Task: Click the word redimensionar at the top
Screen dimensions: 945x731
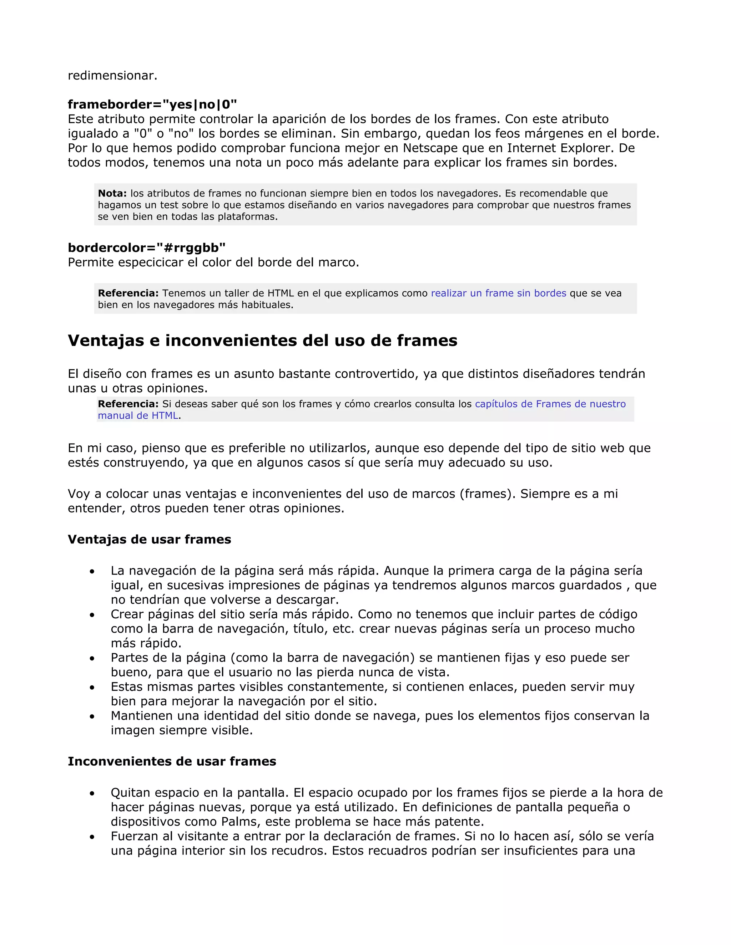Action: pyautogui.click(x=112, y=75)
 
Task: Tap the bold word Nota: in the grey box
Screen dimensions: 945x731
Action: pyautogui.click(x=112, y=193)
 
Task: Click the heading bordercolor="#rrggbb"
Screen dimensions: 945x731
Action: pyautogui.click(x=146, y=247)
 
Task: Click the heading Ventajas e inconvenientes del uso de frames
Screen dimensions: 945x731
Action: pyautogui.click(x=262, y=341)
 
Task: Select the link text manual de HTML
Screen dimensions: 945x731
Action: pyautogui.click(x=138, y=415)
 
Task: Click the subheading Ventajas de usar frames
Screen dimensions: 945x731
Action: pyautogui.click(x=150, y=539)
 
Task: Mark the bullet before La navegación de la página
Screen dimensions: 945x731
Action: pyautogui.click(x=92, y=572)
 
